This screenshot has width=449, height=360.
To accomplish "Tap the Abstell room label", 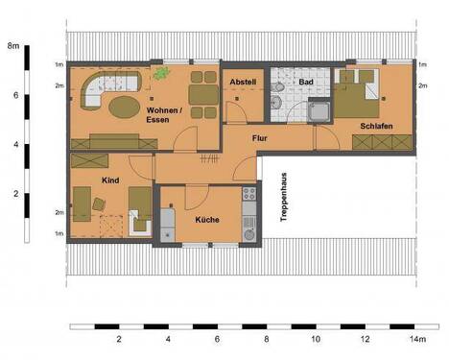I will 242,83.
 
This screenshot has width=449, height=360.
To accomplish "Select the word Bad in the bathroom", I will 306,83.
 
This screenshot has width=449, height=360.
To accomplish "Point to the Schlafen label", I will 377,126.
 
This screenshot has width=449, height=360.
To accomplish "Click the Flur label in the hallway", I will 259,139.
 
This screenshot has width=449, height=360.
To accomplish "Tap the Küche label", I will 207,220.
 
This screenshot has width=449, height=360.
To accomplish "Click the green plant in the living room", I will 161,73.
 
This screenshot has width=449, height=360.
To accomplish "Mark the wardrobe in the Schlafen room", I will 382,143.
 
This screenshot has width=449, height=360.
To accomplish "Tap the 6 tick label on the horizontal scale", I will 218,340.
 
